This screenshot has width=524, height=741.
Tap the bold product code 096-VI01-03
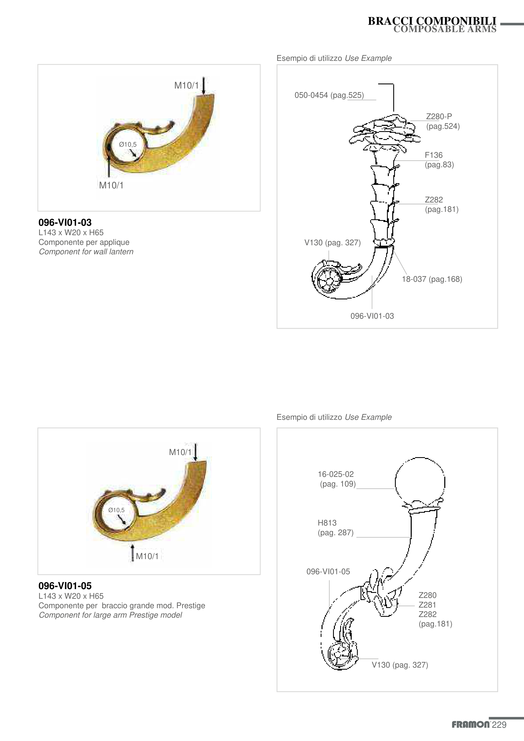[65, 222]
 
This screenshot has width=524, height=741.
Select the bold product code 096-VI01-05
[65, 586]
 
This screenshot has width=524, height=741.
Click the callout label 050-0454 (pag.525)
[329, 95]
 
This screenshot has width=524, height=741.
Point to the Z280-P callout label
[439, 116]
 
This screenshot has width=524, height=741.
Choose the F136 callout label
[434, 155]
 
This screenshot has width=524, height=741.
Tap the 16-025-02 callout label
[336, 474]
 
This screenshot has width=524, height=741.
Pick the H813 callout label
[327, 523]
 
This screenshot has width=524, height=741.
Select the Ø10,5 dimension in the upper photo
[128, 145]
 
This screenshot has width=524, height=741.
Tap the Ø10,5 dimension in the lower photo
[116, 510]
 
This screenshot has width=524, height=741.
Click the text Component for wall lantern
[86, 252]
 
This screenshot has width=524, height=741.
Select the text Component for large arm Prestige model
[110, 615]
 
